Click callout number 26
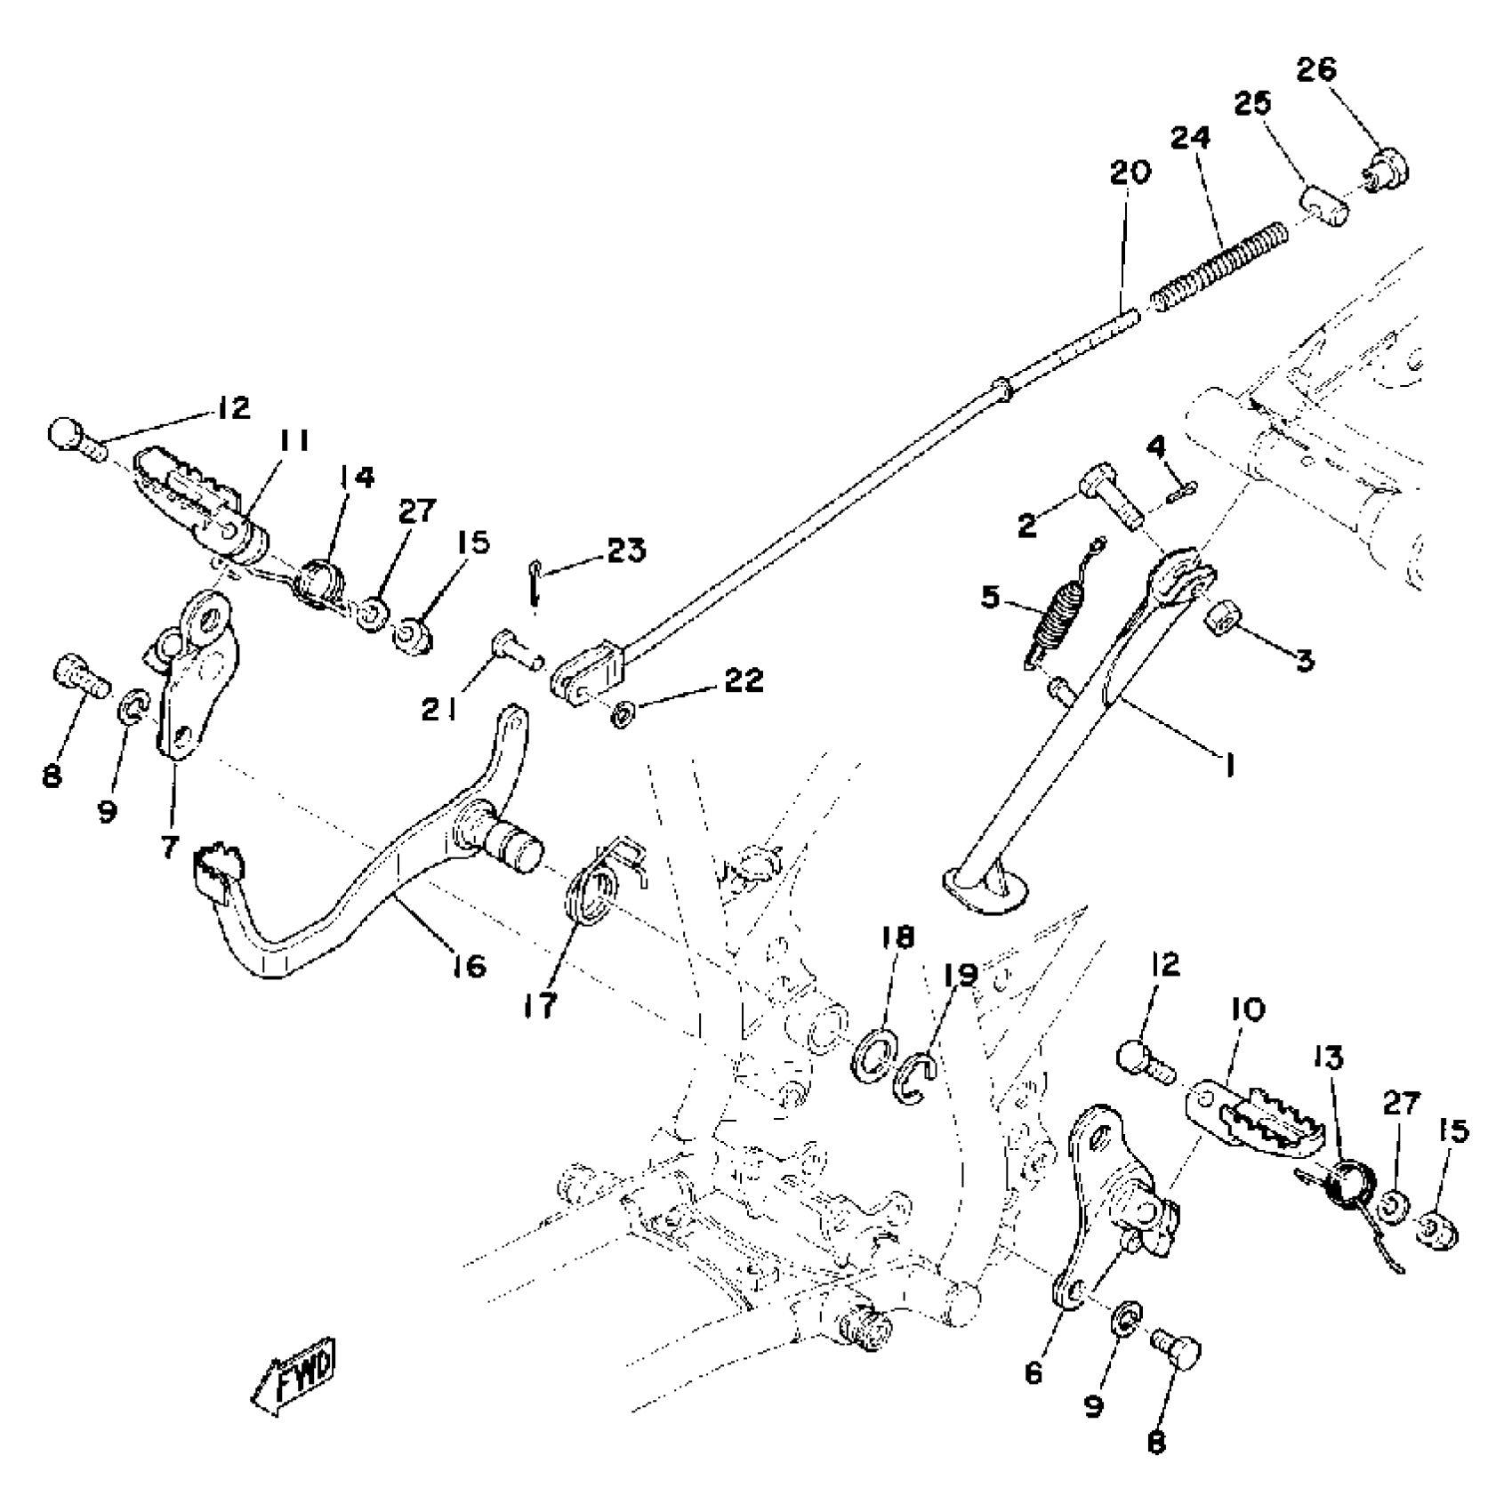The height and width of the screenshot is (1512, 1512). [1315, 70]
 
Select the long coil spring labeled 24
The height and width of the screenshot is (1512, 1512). [1220, 266]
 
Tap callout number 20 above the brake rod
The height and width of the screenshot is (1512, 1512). [1130, 172]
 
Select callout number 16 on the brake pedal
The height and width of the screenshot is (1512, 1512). [469, 965]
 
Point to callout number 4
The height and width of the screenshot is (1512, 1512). [1155, 446]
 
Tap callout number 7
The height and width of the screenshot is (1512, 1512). [170, 846]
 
